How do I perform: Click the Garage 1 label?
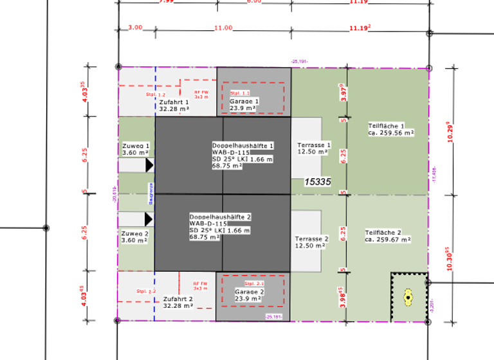tap(244, 105)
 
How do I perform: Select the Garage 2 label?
tap(248, 295)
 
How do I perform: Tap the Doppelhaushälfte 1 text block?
tap(242, 156)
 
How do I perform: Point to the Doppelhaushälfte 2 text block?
tap(220, 227)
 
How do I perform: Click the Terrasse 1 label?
tap(313, 148)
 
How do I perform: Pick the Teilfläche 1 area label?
tap(390, 129)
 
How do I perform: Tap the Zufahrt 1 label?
tap(175, 105)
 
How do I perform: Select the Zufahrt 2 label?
tap(178, 302)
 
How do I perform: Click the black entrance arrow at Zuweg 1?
tap(149, 165)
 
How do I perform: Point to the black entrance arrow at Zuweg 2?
tap(149, 220)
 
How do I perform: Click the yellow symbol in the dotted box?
tap(408, 297)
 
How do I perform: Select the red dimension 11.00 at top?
tap(223, 28)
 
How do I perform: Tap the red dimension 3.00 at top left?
tap(135, 28)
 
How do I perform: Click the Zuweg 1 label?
tap(136, 149)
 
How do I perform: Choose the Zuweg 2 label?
tap(136, 237)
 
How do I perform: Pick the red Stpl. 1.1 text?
tap(239, 93)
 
